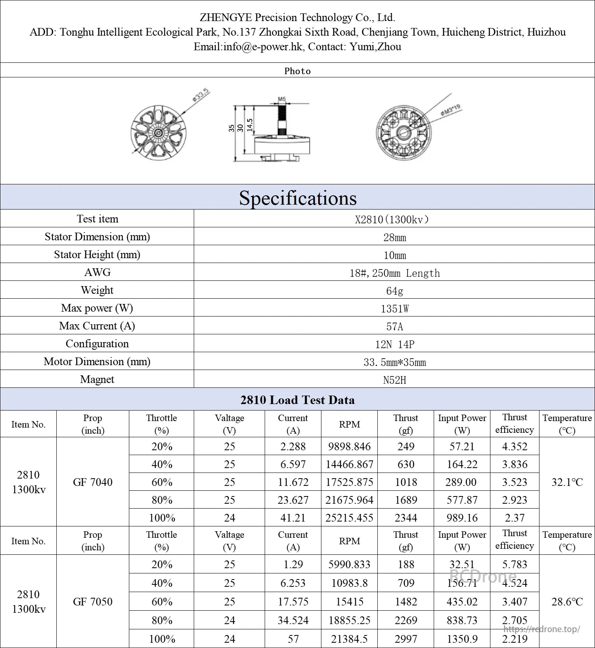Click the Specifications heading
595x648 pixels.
[x=297, y=198]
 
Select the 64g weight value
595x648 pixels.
[x=394, y=291]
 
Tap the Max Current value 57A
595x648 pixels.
[x=394, y=327]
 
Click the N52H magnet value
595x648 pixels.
[x=394, y=380]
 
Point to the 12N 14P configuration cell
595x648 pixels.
[x=394, y=344]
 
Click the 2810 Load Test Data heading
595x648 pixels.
[x=297, y=400]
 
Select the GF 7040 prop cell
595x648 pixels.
[x=93, y=482]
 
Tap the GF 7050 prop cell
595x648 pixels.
[x=93, y=601]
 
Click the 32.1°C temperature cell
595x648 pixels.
[x=567, y=482]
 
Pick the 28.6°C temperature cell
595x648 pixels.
[x=567, y=601]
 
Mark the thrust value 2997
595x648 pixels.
[x=406, y=639]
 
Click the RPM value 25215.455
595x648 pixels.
[x=349, y=518]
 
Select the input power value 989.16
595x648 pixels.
[x=462, y=518]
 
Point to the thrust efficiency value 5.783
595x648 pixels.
[x=515, y=565]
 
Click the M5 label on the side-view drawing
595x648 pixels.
[x=282, y=99]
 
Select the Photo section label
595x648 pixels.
[x=297, y=71]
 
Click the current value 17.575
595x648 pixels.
[x=293, y=602]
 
